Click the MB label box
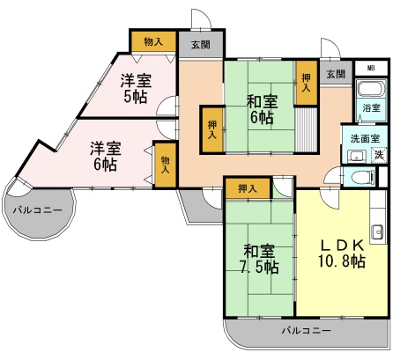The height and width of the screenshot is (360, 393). coord(371,69)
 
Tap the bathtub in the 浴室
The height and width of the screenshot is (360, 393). coord(371,89)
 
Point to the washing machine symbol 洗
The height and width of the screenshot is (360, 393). coord(379,154)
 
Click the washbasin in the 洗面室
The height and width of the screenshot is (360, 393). coord(357,156)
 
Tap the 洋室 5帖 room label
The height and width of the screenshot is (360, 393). coord(136,88)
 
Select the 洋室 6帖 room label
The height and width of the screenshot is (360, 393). coord(106,157)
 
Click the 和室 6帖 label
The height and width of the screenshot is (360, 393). coord(262,110)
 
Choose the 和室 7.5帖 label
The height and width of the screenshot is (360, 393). coord(260,259)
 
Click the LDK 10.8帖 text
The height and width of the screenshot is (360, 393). coord(342,253)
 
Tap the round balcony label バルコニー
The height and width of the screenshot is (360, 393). coord(38,210)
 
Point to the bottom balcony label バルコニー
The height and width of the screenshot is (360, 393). coord(307,331)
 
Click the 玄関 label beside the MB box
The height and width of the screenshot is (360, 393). coord(336,74)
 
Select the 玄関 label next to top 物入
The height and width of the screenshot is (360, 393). coord(201,45)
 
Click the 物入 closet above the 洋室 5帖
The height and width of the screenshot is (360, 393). coord(153,41)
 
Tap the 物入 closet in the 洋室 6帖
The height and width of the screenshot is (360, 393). coord(166,165)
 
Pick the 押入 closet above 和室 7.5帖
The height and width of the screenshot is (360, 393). coord(248,188)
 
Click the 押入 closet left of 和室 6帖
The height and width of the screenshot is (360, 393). coord(212,129)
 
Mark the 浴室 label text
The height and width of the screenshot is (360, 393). coord(371,108)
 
